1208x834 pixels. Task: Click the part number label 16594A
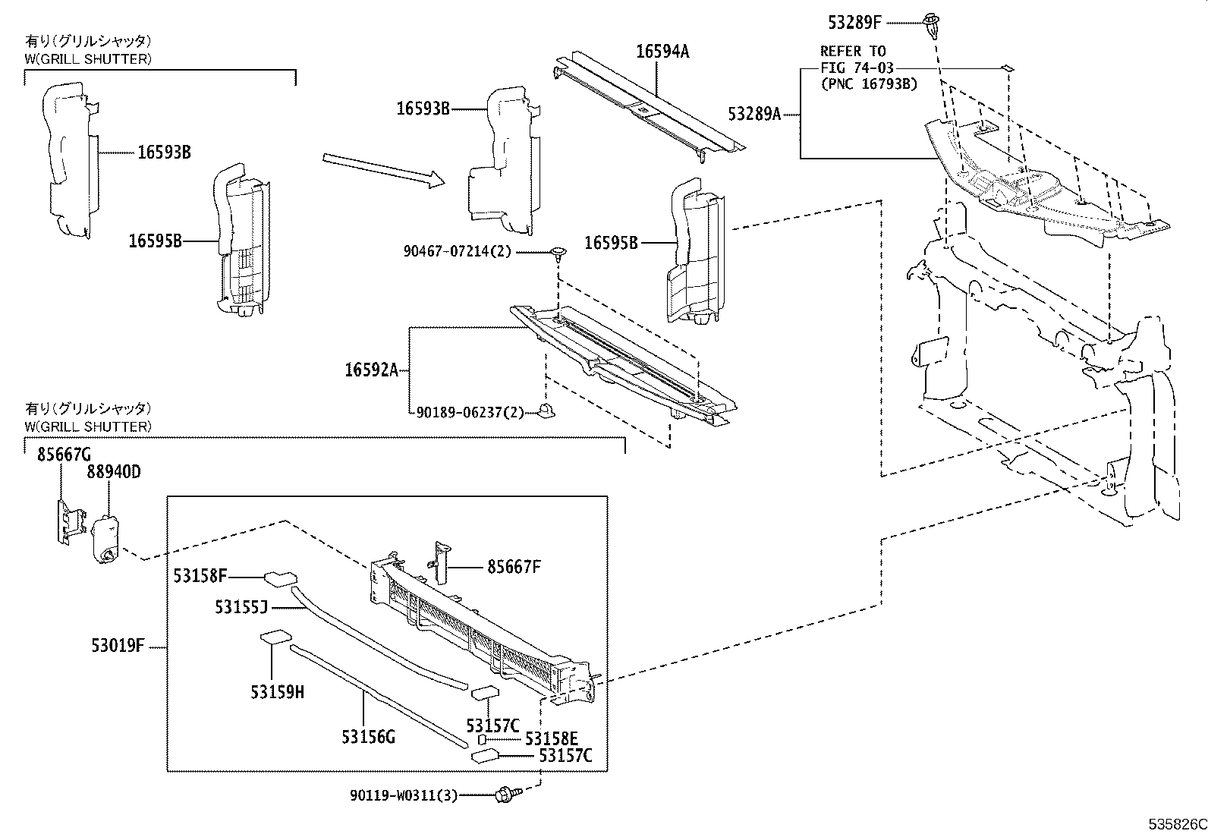click(x=662, y=52)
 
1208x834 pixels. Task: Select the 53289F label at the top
click(x=856, y=22)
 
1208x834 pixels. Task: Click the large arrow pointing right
click(x=382, y=169)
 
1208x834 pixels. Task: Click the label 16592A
click(x=371, y=370)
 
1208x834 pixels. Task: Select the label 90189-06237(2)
click(x=470, y=412)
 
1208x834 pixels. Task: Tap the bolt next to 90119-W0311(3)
click(x=505, y=795)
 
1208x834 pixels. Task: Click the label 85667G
click(x=64, y=455)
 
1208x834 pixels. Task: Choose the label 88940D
click(x=113, y=472)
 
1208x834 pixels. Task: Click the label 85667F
click(x=514, y=566)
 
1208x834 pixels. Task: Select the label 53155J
click(x=241, y=607)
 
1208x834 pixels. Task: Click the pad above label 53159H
click(x=273, y=637)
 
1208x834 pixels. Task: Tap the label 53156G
click(x=369, y=736)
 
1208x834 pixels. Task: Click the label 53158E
click(x=552, y=739)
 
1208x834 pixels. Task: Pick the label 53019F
click(x=118, y=647)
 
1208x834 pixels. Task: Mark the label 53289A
click(x=754, y=115)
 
